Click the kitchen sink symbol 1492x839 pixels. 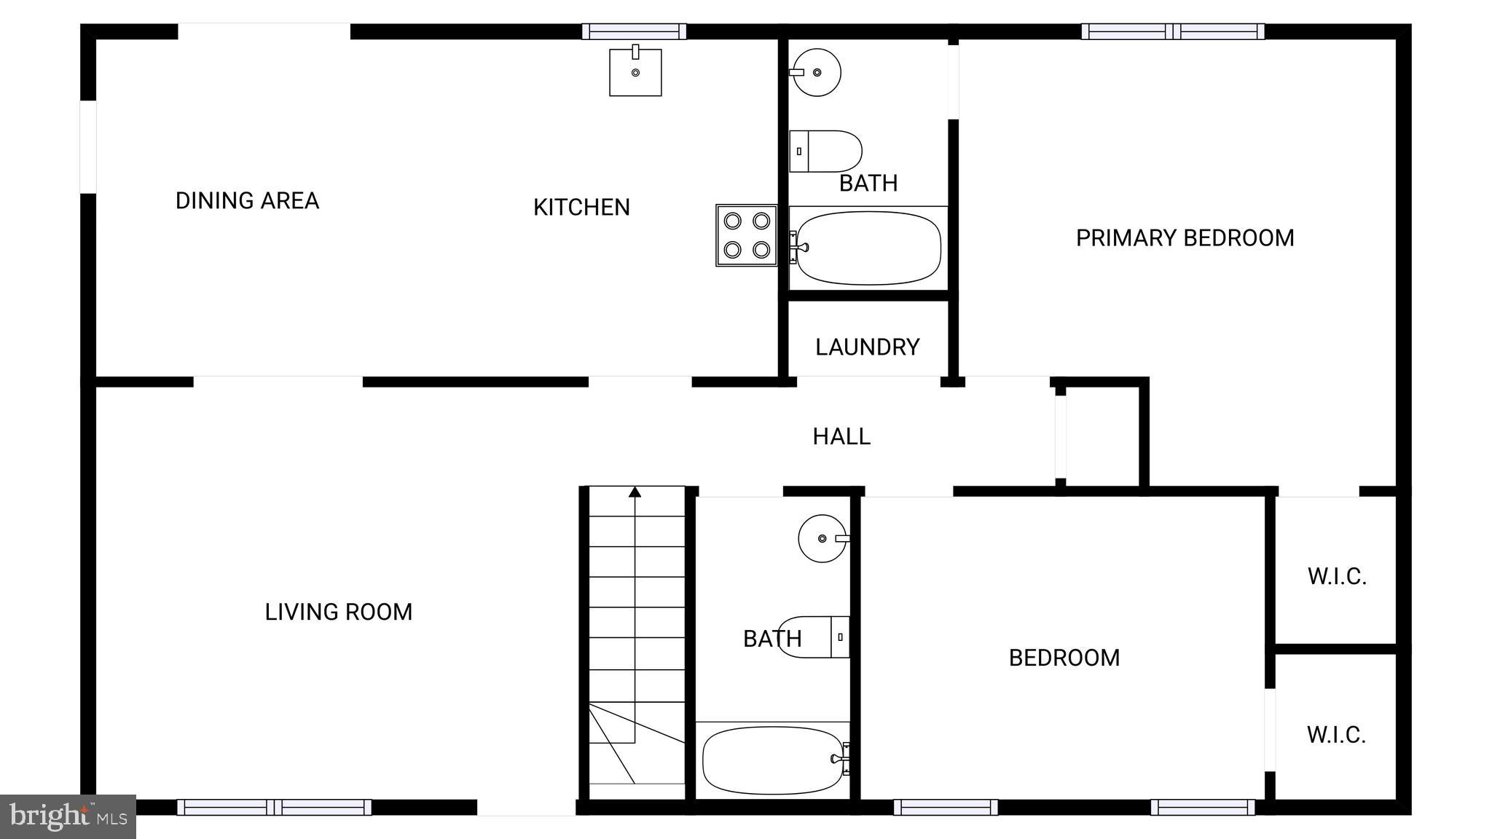[635, 72]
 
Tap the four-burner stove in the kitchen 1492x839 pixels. [747, 235]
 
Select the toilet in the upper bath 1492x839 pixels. [826, 151]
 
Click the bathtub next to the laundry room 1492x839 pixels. [868, 248]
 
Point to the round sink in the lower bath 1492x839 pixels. [822, 538]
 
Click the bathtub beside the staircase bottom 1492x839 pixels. [773, 760]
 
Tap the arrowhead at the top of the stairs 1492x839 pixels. [635, 492]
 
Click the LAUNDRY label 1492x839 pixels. [867, 347]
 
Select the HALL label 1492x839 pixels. [841, 437]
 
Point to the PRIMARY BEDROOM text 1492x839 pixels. [1185, 238]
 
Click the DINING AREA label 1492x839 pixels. [247, 201]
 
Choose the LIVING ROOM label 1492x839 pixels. [338, 612]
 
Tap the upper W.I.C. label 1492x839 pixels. [1336, 577]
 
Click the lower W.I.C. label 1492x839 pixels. [1336, 735]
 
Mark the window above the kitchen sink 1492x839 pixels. [634, 31]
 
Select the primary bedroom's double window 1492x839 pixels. [1172, 31]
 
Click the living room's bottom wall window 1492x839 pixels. [274, 807]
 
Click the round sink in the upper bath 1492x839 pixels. [817, 72]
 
